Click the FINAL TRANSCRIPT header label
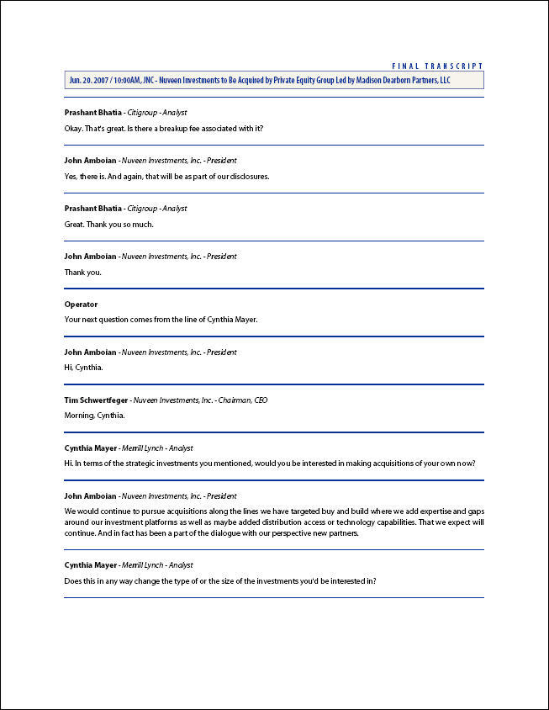click(438, 66)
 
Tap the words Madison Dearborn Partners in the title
click(388, 80)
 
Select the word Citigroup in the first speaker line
click(143, 112)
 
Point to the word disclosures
click(246, 177)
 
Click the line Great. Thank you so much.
click(109, 225)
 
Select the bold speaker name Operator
click(81, 305)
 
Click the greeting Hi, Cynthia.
click(83, 368)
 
